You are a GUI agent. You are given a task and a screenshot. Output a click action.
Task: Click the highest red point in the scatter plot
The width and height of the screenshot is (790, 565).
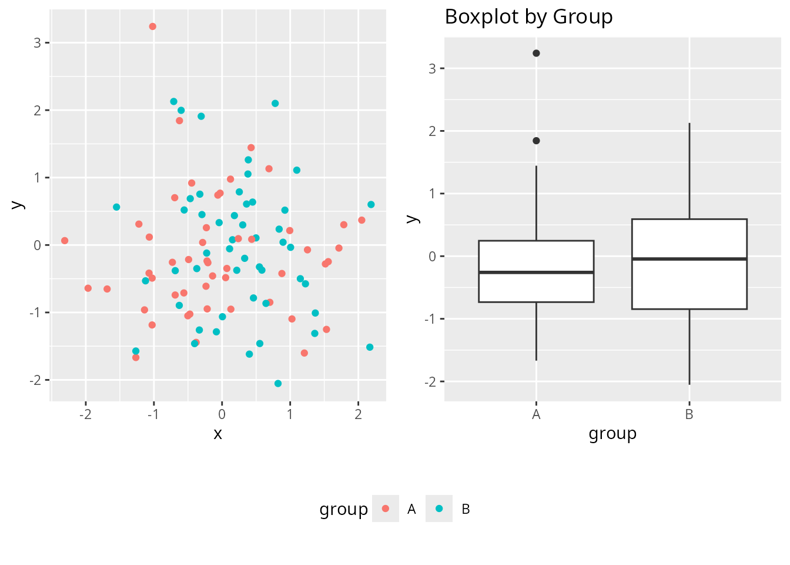[153, 26]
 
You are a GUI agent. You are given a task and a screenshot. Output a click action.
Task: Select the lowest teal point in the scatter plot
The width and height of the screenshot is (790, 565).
[278, 384]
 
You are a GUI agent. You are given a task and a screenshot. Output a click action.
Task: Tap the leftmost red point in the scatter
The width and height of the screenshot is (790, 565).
[65, 241]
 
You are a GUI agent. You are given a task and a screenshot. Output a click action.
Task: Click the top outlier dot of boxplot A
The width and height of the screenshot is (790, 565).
[536, 54]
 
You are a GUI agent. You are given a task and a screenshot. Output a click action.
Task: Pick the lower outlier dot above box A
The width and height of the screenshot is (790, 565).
[536, 141]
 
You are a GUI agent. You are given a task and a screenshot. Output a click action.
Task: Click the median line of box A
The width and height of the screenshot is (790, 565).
[536, 272]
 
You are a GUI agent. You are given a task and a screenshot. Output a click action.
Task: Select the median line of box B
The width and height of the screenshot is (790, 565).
[689, 259]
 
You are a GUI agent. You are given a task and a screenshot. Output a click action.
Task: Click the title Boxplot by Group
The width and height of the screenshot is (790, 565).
[528, 17]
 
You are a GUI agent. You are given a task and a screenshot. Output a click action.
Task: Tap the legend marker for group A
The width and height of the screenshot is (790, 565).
[386, 508]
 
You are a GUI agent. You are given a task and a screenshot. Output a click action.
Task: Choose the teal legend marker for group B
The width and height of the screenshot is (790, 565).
[439, 508]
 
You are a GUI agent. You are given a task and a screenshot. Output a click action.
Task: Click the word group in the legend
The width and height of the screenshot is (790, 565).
[343, 510]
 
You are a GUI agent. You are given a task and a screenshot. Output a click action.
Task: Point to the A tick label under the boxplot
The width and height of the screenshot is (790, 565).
[536, 415]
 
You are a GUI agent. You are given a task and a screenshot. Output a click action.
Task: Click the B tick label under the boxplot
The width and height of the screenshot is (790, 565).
[689, 415]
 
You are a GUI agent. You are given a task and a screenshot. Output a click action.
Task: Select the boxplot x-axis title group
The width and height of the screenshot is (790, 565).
[612, 434]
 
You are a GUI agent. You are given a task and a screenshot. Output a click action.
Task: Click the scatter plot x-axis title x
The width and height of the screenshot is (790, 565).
[218, 434]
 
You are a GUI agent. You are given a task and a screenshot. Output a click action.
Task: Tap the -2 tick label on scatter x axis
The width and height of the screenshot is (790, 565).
[86, 415]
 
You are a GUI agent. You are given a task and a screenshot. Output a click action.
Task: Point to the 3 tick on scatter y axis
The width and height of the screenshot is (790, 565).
[38, 43]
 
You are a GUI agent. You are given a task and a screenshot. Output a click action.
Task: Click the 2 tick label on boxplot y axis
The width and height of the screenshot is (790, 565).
[432, 131]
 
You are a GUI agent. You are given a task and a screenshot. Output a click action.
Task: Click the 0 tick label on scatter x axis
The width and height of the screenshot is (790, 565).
[222, 415]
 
